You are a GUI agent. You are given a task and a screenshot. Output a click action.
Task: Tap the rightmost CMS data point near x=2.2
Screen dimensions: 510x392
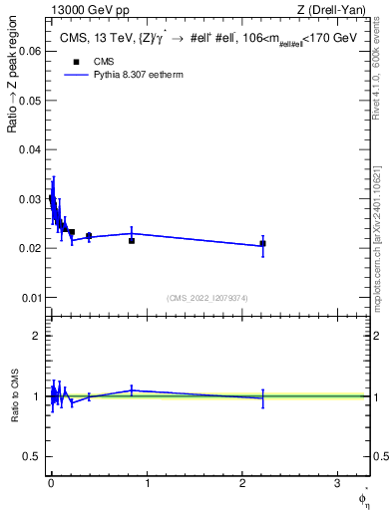[x=262, y=243]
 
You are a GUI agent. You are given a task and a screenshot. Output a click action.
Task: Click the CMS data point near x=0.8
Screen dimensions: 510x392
[x=132, y=241]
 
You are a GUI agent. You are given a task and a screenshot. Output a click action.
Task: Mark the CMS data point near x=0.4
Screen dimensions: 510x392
[x=89, y=236]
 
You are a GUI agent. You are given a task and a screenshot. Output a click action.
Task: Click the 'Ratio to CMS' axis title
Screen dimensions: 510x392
[x=14, y=395]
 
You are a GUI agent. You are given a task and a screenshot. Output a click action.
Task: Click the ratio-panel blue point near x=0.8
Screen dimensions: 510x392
[x=132, y=390]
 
